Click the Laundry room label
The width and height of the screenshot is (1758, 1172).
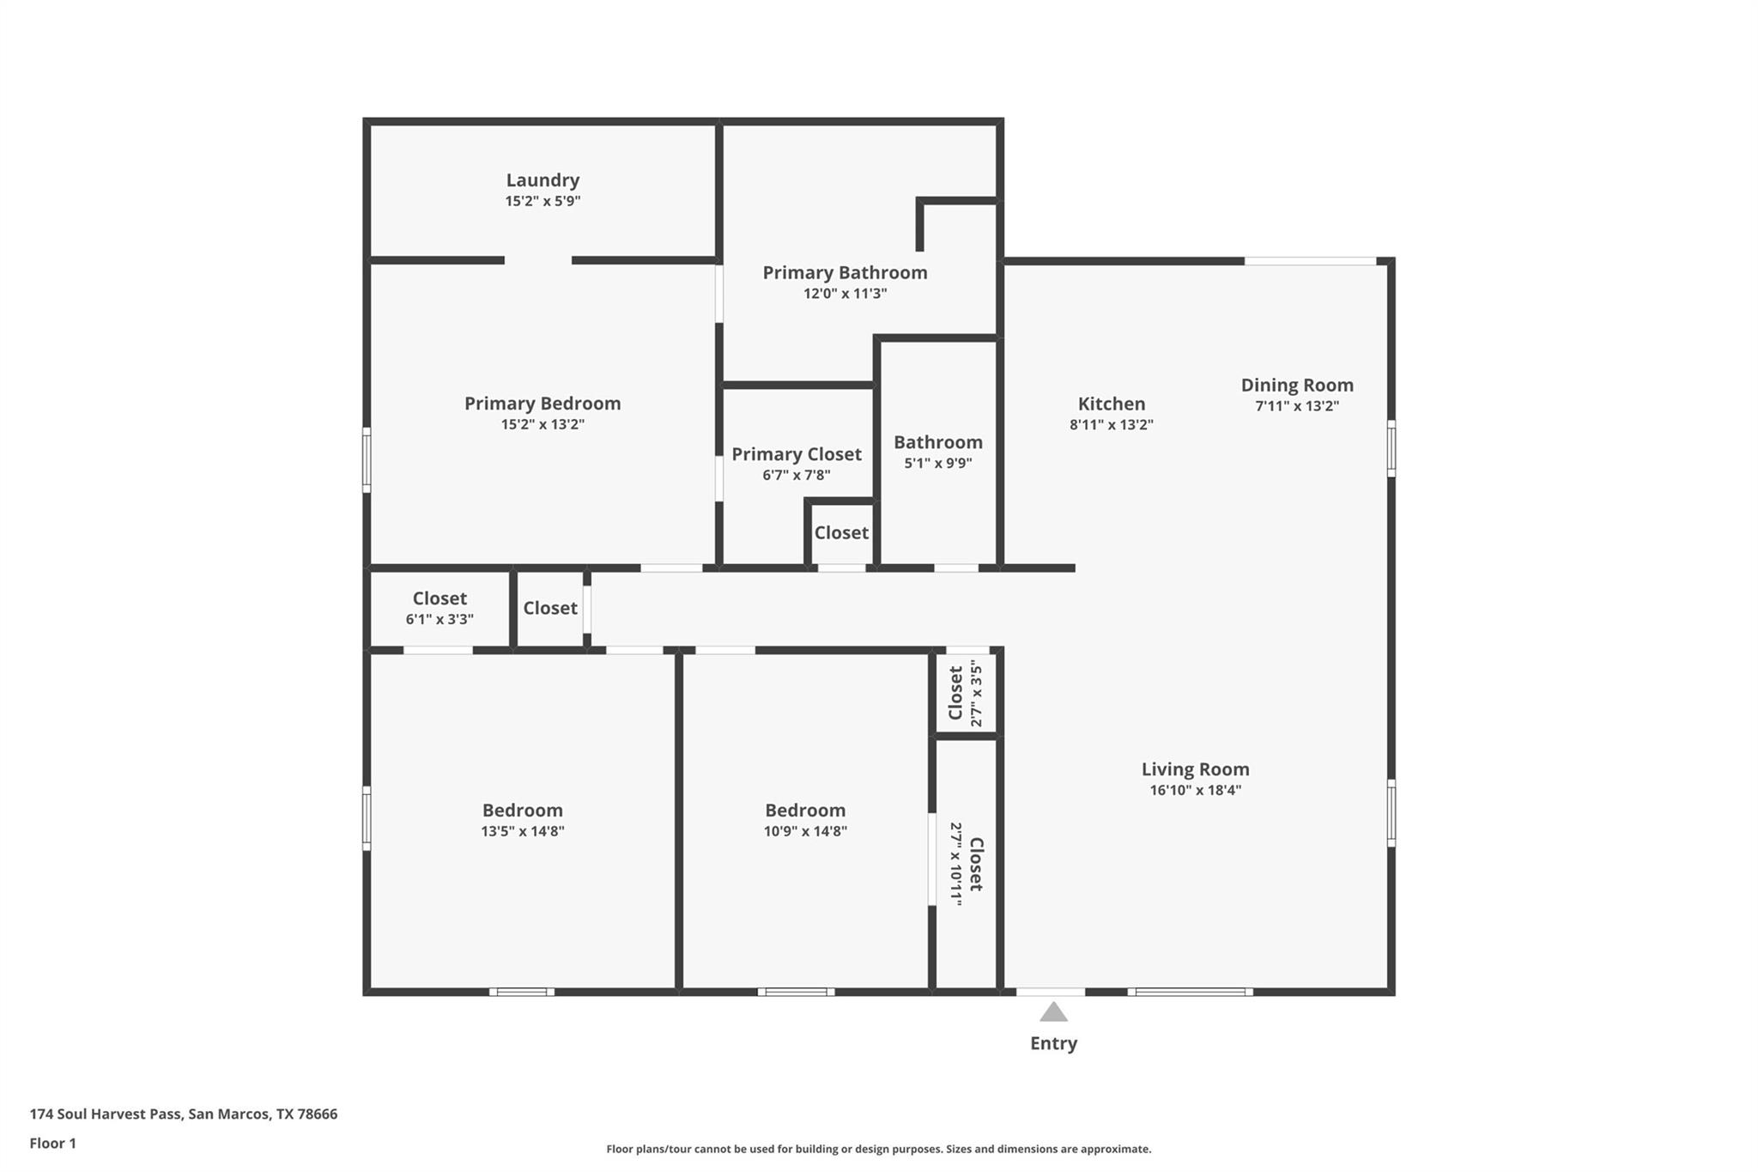click(543, 180)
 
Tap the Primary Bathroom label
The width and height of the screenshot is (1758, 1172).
click(846, 273)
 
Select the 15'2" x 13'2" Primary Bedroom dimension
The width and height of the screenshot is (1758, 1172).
click(543, 424)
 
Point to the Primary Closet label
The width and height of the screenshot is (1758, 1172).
click(797, 454)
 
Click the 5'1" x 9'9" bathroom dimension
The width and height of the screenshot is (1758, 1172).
click(938, 464)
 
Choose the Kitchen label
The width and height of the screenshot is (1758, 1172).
click(1112, 404)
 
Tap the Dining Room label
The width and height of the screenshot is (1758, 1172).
click(1297, 386)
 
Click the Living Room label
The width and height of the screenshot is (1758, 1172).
click(1196, 769)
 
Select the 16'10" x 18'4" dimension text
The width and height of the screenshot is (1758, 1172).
click(1196, 791)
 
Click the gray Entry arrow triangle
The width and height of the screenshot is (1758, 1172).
click(1053, 1013)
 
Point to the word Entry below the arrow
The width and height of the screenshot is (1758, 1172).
click(1053, 1043)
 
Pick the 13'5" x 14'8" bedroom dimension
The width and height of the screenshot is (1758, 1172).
click(523, 831)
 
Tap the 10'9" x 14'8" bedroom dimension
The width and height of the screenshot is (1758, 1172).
click(805, 831)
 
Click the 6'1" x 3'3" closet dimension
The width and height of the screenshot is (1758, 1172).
click(439, 620)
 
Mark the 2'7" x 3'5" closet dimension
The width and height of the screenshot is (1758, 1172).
click(975, 693)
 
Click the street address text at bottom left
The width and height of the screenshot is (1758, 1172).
click(184, 1114)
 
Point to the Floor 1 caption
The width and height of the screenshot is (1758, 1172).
click(53, 1144)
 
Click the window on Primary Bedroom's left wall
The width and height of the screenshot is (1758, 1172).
click(367, 460)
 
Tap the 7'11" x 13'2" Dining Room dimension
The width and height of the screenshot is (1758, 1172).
click(1297, 406)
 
